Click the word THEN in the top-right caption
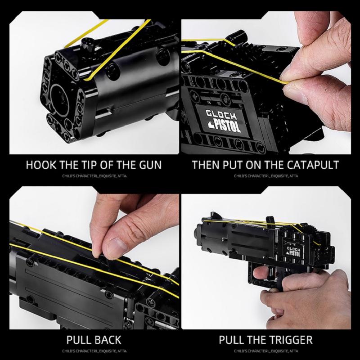(x=205, y=164)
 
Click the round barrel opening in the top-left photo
(x=60, y=95)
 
